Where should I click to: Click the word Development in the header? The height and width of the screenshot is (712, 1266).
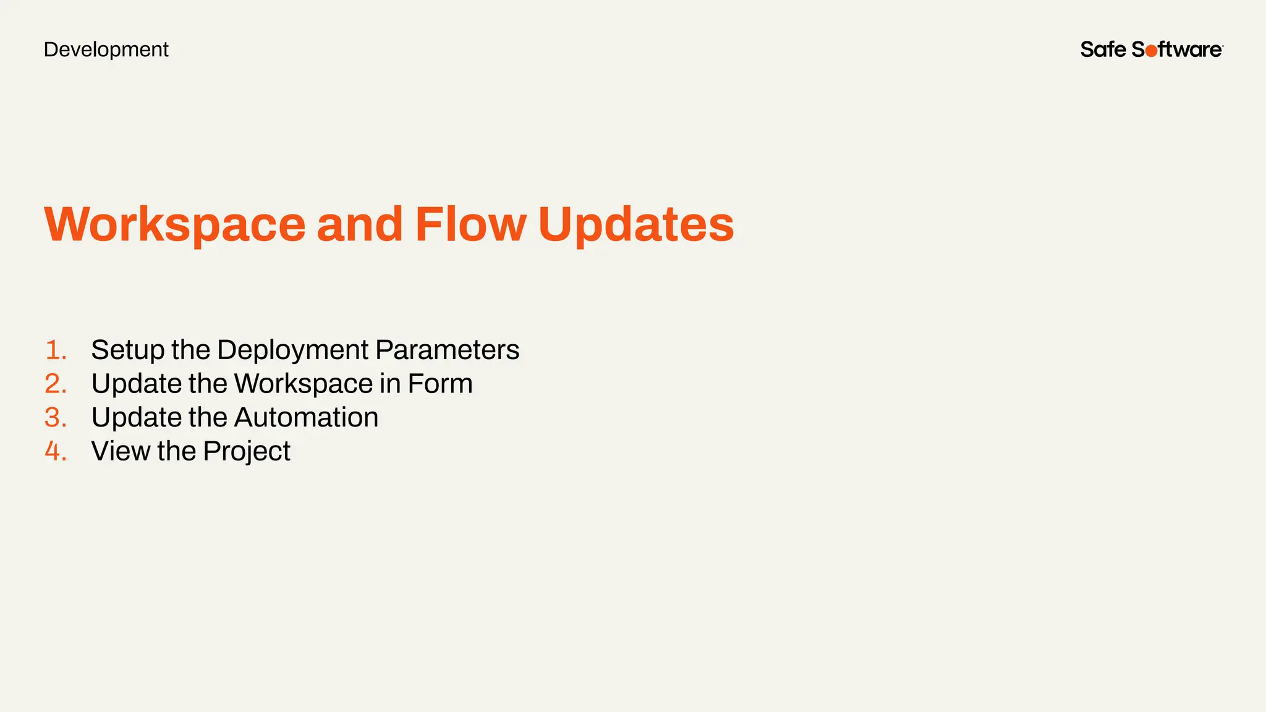pos(106,49)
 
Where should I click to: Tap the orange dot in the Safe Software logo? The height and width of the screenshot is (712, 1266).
pos(1151,51)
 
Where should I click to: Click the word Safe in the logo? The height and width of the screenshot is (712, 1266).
pos(1103,49)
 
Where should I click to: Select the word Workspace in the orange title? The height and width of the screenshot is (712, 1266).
pos(175,224)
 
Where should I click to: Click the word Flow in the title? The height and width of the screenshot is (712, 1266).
pos(470,224)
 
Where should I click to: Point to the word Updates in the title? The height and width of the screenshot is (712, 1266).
pos(636,224)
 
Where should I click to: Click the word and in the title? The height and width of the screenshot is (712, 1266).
pos(360,224)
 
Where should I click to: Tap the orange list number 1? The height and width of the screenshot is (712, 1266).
pos(56,350)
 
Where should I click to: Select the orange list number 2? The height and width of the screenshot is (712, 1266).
pos(56,384)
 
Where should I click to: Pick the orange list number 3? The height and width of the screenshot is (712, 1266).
pos(56,418)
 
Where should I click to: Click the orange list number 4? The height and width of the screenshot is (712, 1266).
pos(56,451)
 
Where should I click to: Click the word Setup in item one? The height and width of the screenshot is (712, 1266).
pos(128,350)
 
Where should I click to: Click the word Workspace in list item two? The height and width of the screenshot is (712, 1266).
pos(304,384)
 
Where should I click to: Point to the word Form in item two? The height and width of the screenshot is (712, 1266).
pos(440,384)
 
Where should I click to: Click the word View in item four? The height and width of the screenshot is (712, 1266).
pos(121,451)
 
